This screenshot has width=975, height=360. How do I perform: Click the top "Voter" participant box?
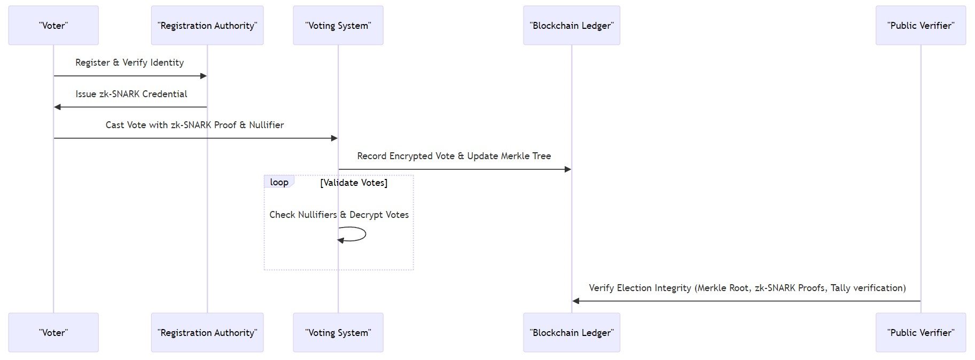pyautogui.click(x=53, y=26)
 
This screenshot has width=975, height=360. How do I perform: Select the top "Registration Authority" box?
pyautogui.click(x=207, y=26)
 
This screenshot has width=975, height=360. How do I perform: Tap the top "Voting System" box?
pyautogui.click(x=338, y=26)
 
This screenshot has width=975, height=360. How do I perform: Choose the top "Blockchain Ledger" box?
pyautogui.click(x=572, y=26)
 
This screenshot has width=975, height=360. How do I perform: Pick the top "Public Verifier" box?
pyautogui.click(x=921, y=26)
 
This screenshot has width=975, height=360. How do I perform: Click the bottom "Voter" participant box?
pyautogui.click(x=53, y=332)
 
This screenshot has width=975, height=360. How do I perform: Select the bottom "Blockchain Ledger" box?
pyautogui.click(x=572, y=332)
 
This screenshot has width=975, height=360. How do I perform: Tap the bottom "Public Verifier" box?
pyautogui.click(x=921, y=332)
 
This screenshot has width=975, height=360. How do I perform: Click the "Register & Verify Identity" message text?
pyautogui.click(x=129, y=62)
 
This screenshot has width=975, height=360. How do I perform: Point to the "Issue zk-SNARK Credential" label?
pyautogui.click(x=131, y=94)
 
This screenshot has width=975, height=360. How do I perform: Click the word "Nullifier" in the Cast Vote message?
pyautogui.click(x=266, y=125)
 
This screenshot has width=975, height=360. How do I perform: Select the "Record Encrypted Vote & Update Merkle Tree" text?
pyautogui.click(x=454, y=156)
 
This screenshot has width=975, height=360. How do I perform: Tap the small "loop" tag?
pyautogui.click(x=279, y=182)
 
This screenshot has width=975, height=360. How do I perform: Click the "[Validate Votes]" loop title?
pyautogui.click(x=354, y=183)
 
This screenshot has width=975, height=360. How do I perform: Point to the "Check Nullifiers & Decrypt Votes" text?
pyautogui.click(x=339, y=215)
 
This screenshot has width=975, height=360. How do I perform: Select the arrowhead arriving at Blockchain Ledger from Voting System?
pyautogui.click(x=568, y=169)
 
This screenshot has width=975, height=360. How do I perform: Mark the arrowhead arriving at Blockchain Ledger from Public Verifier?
pyautogui.click(x=576, y=301)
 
